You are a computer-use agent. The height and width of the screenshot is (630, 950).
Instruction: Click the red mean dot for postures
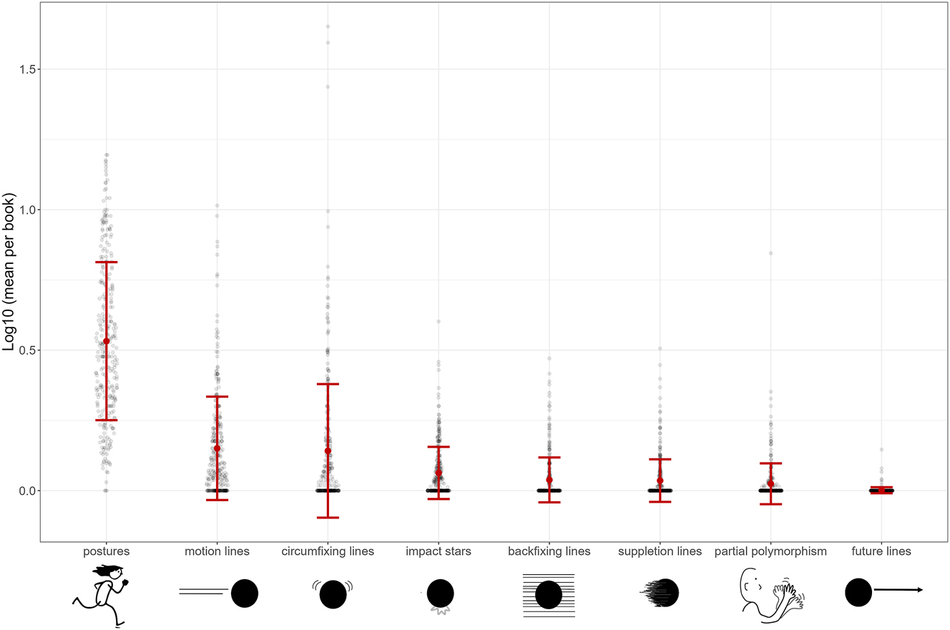coord(106,341)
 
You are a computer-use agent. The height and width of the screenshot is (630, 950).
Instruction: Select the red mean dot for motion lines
coord(217,448)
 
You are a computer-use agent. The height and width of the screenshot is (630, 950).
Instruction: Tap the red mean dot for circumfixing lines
coord(328,451)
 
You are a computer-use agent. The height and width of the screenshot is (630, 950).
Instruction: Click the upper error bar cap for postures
coord(106,262)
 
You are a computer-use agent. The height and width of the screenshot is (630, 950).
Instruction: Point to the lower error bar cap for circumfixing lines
coord(328,517)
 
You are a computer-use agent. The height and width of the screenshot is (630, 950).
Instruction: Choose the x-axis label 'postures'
coord(106,551)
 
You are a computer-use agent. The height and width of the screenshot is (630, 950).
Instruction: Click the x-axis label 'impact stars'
coord(439,551)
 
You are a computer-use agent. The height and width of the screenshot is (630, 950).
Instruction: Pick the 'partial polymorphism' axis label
coord(770,551)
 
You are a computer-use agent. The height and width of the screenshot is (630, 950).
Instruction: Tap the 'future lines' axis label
coord(881,551)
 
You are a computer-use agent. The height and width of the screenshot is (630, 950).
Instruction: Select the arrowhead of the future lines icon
coord(919,590)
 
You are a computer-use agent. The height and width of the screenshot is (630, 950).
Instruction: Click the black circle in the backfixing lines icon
coord(549,595)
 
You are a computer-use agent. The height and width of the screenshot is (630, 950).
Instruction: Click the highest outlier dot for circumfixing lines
coord(328,26)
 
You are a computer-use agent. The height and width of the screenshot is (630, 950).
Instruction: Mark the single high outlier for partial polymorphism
coord(770,253)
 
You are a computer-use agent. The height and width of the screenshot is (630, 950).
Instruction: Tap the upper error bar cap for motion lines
coord(217,396)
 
